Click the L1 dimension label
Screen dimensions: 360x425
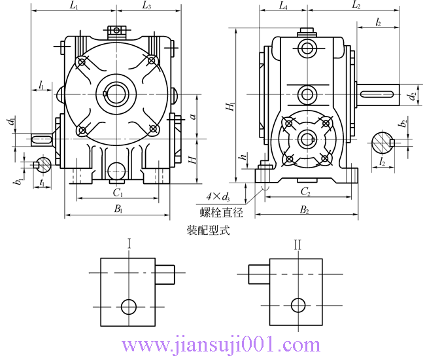pos(73,6)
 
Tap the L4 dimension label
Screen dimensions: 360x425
pos(282,6)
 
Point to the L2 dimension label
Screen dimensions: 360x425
pos(356,6)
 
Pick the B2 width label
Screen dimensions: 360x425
pos(305,209)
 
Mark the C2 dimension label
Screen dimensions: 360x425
pos(305,192)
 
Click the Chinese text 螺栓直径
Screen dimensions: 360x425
pos(221,212)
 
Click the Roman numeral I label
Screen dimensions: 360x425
pos(129,245)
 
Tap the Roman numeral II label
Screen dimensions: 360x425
pos(297,245)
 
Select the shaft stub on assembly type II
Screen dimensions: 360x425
pos(260,274)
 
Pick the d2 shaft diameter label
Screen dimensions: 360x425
pos(411,96)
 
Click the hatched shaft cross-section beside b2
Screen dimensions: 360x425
pos(382,141)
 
